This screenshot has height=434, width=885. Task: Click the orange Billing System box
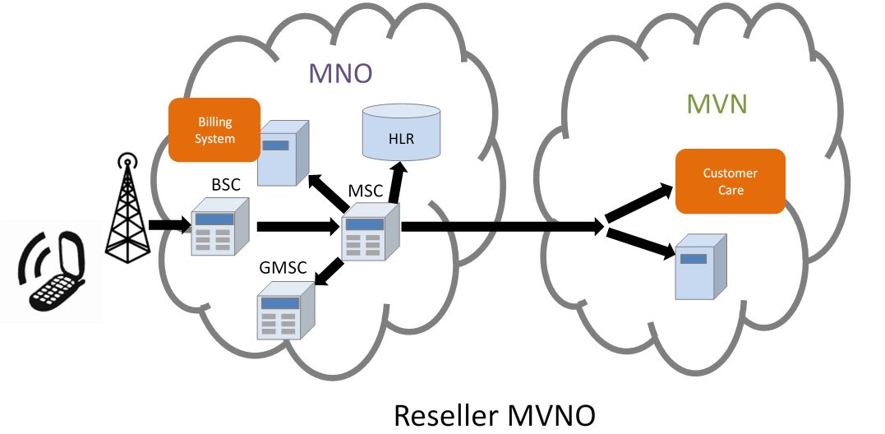coord(214,130)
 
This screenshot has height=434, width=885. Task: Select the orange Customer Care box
coord(731,181)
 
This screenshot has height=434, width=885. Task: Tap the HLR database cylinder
coord(401,132)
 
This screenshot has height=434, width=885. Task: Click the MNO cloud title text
coord(340,73)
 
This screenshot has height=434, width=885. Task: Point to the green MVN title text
coord(717,104)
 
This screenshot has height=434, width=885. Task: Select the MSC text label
coord(366,191)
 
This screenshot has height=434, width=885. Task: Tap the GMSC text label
coord(283,266)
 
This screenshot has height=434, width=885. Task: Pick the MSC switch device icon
coord(371,232)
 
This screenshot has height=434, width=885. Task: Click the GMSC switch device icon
coord(286,310)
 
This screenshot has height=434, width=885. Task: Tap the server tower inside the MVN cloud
coord(701,266)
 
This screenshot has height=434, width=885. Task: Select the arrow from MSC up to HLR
coord(396,182)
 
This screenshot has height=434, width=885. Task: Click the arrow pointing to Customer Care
coord(639,203)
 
